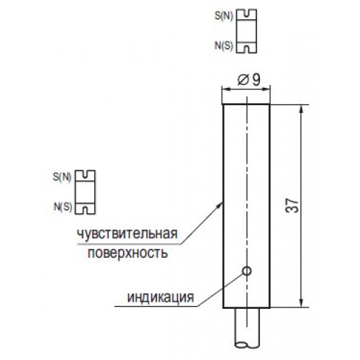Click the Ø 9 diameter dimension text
[248, 80]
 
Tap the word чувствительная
[127, 233]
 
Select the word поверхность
[127, 253]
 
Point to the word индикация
[161, 297]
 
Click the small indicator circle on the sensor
[247, 271]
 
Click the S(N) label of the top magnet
[224, 17]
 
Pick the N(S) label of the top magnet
[224, 46]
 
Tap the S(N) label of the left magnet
[62, 178]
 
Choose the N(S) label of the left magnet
[63, 207]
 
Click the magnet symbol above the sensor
[246, 31]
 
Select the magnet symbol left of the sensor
[85, 192]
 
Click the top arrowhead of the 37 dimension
[302, 109]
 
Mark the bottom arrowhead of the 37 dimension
[302, 302]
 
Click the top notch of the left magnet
[85, 174]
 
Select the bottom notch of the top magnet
[246, 49]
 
